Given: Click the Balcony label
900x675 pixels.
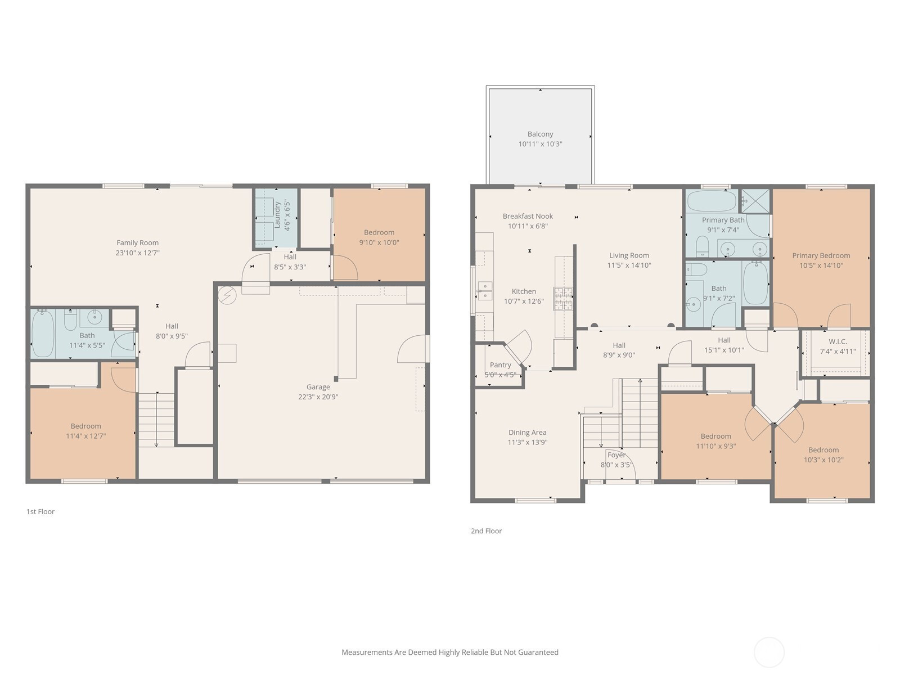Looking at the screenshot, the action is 540,134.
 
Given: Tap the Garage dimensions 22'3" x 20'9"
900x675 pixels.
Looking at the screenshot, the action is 318,397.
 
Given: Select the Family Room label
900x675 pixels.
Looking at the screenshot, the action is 137,242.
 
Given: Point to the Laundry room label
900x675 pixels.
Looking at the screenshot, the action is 277,215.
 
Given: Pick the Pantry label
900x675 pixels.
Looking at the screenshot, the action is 500,364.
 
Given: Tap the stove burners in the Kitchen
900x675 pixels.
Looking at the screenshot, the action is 564,298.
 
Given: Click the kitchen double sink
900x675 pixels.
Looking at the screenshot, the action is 485,291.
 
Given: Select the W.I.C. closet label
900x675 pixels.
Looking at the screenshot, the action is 838,341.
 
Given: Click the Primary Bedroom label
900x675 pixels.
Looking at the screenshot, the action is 821,255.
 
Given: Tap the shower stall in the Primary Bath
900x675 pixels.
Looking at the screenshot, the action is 755,201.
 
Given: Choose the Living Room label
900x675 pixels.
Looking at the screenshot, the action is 629,255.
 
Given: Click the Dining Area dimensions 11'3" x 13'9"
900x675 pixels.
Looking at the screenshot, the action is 527,442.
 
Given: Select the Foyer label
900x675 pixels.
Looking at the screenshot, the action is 616,455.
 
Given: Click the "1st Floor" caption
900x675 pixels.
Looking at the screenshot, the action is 40,511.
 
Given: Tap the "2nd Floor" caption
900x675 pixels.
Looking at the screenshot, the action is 487,531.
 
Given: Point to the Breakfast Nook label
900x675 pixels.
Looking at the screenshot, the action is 528,216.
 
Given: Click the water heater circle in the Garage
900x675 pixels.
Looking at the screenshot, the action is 227,295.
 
